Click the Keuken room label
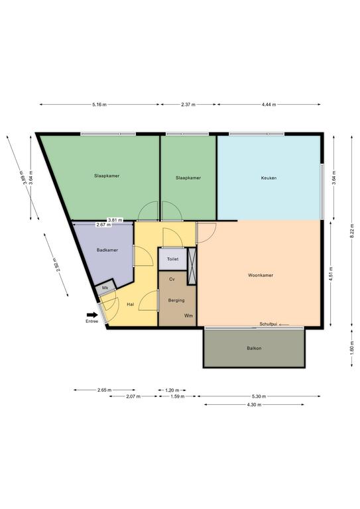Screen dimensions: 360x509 point(269,178)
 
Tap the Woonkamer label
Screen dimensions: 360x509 point(261,275)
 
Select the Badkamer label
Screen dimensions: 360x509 point(107,251)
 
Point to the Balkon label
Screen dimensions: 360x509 point(254,349)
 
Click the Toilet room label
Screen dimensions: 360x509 point(172,259)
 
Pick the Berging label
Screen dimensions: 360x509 point(176,301)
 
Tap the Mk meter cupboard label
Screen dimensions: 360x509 point(105,288)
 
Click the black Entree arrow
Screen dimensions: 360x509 point(92,315)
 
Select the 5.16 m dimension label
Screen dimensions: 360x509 point(99,105)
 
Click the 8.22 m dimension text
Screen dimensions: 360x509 point(352,231)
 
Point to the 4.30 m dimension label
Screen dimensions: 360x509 point(254,405)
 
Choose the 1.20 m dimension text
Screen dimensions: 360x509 point(172,390)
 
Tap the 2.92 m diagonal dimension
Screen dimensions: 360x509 point(55,265)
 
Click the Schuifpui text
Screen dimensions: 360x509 point(268,324)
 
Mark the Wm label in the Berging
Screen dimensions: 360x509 point(188,315)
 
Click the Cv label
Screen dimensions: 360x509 point(172,279)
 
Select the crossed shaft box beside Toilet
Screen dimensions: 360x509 point(192,266)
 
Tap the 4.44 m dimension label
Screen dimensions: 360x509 point(269,105)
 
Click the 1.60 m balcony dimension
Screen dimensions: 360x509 point(352,349)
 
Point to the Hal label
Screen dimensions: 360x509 point(130,304)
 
